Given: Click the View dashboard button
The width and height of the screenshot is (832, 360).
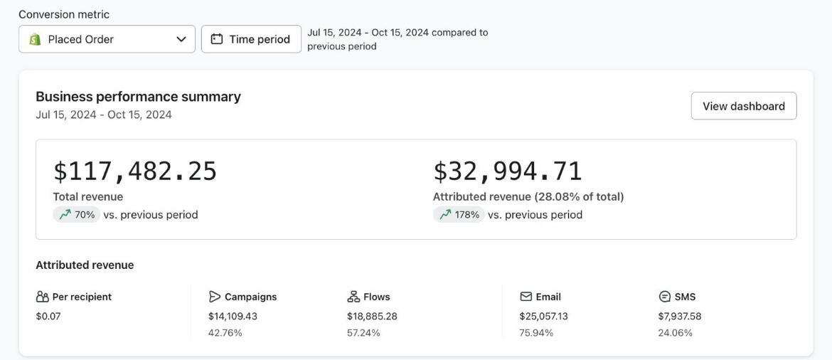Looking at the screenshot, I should pos(743,106).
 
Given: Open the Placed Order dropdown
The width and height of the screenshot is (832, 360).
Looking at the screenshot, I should pos(107,39).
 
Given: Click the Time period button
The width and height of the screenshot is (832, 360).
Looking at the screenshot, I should pos(251,39).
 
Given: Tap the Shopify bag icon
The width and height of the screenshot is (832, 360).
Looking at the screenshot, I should pos(35,39).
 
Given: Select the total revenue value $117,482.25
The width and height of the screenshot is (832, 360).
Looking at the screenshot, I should pos(134,171).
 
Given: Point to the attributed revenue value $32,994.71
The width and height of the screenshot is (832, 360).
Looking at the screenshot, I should pos(507,171).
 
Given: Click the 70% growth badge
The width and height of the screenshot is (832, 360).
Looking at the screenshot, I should pos(77,215).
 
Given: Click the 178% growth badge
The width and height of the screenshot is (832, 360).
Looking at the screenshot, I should pos(459,215).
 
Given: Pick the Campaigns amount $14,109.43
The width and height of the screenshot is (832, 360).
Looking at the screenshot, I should pos(233,317).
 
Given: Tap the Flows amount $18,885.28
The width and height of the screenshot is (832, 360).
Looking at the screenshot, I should pos(372,317).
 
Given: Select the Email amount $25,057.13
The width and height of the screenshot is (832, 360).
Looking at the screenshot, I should pos(543,317).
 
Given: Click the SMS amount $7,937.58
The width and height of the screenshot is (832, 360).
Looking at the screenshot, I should pos(679,317).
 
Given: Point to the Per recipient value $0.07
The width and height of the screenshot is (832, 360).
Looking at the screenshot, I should pos(48,317).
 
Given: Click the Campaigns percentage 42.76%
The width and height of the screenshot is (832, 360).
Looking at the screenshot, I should pos(225,333).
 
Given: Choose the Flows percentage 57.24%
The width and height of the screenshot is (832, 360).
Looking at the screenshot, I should pos(363,333).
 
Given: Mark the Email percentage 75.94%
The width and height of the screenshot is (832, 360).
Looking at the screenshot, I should pos(536,333).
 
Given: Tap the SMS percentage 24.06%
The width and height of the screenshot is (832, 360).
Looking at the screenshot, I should pos(675,333).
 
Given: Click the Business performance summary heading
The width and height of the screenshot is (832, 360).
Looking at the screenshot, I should pos(138,97).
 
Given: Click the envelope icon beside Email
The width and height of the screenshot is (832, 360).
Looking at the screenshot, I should pos(526,297).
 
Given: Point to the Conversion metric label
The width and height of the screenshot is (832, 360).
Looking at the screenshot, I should pos(64,14).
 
